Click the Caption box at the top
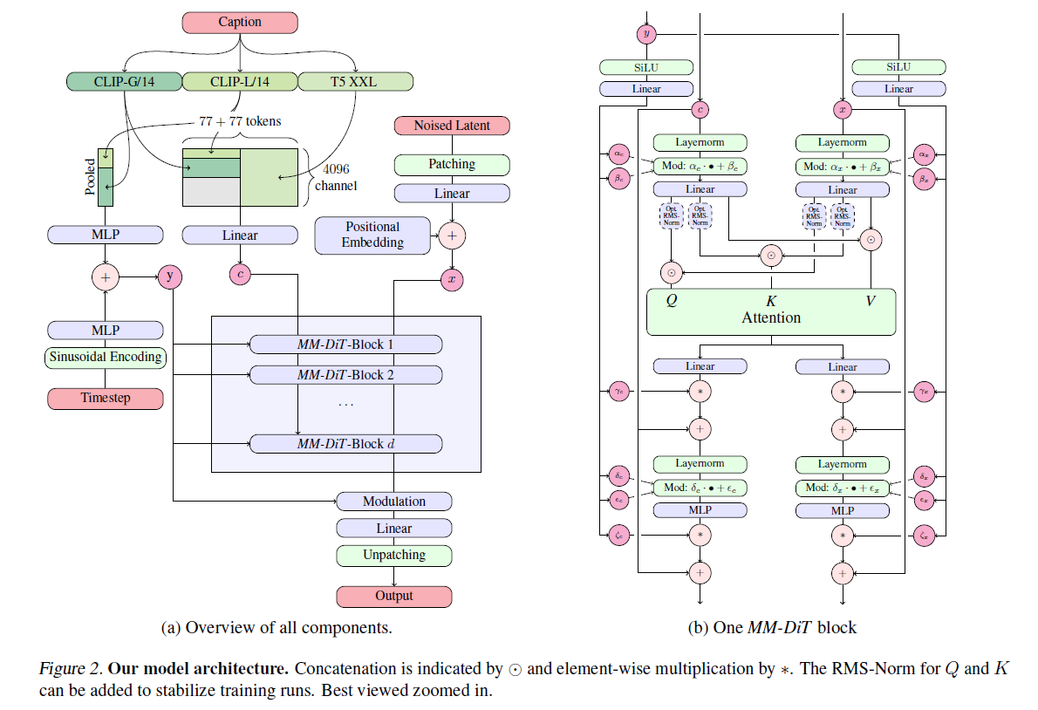point(240,22)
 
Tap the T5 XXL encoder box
point(355,82)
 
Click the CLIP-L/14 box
point(240,82)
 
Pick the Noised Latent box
point(451,126)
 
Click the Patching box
point(451,164)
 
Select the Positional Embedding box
point(372,235)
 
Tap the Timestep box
point(105,399)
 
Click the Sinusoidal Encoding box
point(105,357)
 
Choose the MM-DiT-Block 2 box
point(345,375)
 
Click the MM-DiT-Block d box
point(345,444)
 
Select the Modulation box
point(394,502)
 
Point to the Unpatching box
point(394,555)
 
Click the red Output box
point(394,597)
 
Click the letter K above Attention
point(771,301)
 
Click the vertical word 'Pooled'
point(90,176)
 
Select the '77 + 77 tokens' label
point(240,121)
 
